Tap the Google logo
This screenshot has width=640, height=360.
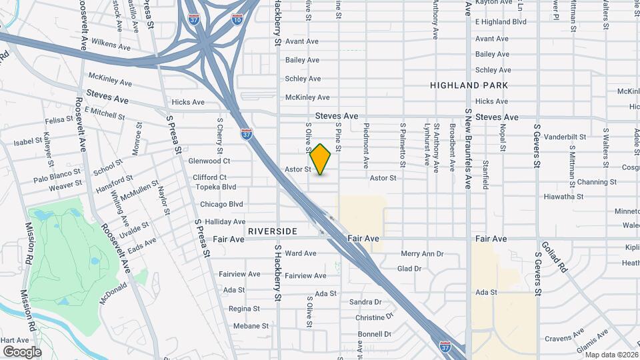pyautogui.click(x=22, y=352)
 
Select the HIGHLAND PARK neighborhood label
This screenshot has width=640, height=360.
pyautogui.click(x=469, y=85)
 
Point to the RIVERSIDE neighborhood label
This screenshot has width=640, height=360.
pyautogui.click(x=272, y=231)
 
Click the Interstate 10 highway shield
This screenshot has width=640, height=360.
pyautogui.click(x=237, y=19)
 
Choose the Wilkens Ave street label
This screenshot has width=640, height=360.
pyautogui.click(x=112, y=46)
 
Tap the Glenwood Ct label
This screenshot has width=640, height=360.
pyautogui.click(x=209, y=161)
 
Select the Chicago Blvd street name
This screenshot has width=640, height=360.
pyautogui.click(x=221, y=204)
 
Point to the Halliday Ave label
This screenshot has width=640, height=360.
pyautogui.click(x=225, y=221)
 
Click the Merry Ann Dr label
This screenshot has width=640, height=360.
pyautogui.click(x=422, y=253)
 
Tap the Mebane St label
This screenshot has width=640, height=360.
pyautogui.click(x=251, y=326)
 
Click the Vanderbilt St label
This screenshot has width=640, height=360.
pyautogui.click(x=565, y=137)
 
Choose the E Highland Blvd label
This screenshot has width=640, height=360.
pyautogui.click(x=501, y=22)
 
